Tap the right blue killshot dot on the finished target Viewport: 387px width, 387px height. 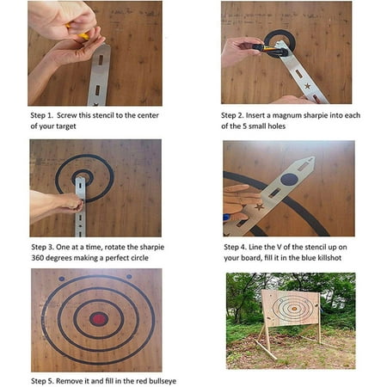point(129,276)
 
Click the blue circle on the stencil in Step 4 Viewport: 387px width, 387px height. point(289,179)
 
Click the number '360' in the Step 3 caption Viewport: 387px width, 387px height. point(42,259)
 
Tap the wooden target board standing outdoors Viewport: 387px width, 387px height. point(291,308)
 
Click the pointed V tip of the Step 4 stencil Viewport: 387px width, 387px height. point(312,160)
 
